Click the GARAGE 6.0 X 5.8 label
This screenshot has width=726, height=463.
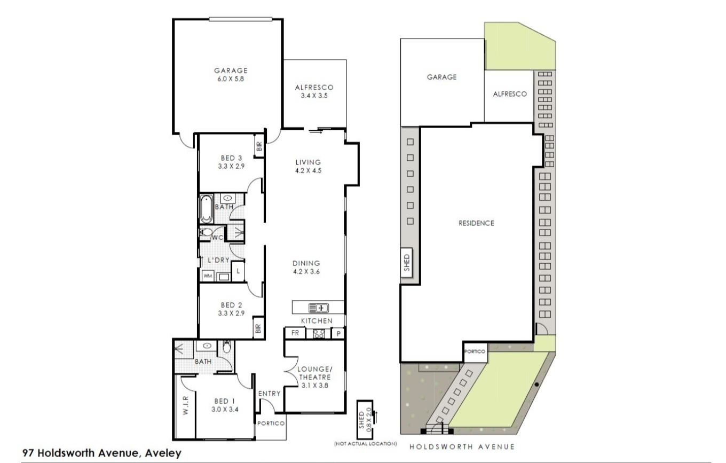[231, 75]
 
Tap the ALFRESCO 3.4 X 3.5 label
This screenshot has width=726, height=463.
[314, 91]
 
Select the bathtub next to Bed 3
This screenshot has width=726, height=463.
[206, 209]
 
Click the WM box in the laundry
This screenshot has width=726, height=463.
[208, 276]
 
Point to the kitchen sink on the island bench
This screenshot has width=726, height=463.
[318, 308]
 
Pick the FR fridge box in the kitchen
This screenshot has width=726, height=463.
[295, 333]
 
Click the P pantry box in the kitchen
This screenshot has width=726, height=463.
[338, 333]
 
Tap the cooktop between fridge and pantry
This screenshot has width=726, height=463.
[319, 334]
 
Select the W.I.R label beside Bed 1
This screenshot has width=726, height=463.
[186, 405]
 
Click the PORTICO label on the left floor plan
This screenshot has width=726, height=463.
[271, 423]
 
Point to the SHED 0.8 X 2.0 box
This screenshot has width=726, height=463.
[365, 420]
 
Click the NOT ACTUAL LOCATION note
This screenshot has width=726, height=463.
[365, 444]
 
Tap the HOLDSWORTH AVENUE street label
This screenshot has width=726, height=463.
[462, 447]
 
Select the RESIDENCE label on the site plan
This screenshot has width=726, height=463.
[476, 223]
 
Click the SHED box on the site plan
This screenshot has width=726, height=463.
[407, 263]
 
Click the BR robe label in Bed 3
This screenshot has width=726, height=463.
[259, 147]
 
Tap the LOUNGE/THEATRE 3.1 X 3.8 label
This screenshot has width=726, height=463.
[315, 378]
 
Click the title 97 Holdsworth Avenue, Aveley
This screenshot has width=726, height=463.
[102, 453]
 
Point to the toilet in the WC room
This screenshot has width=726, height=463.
[206, 232]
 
